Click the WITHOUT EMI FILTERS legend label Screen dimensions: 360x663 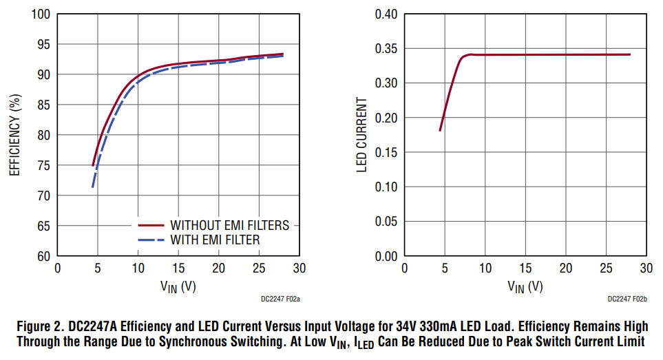click(x=229, y=225)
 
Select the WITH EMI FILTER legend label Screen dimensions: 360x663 click(x=215, y=240)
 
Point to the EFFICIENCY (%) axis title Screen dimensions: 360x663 click(x=14, y=134)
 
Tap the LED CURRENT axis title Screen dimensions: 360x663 click(x=361, y=135)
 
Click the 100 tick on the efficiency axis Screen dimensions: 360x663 click(x=40, y=14)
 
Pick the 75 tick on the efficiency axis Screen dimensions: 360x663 click(x=43, y=165)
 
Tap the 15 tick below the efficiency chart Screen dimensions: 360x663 click(x=178, y=267)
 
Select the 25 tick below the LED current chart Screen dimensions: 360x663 click(x=607, y=267)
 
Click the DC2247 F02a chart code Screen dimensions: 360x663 click(x=281, y=299)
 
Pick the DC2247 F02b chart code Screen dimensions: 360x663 click(x=628, y=299)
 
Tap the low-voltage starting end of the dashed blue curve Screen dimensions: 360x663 click(x=92, y=187)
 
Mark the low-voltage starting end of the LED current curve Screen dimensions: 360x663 click(x=440, y=130)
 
